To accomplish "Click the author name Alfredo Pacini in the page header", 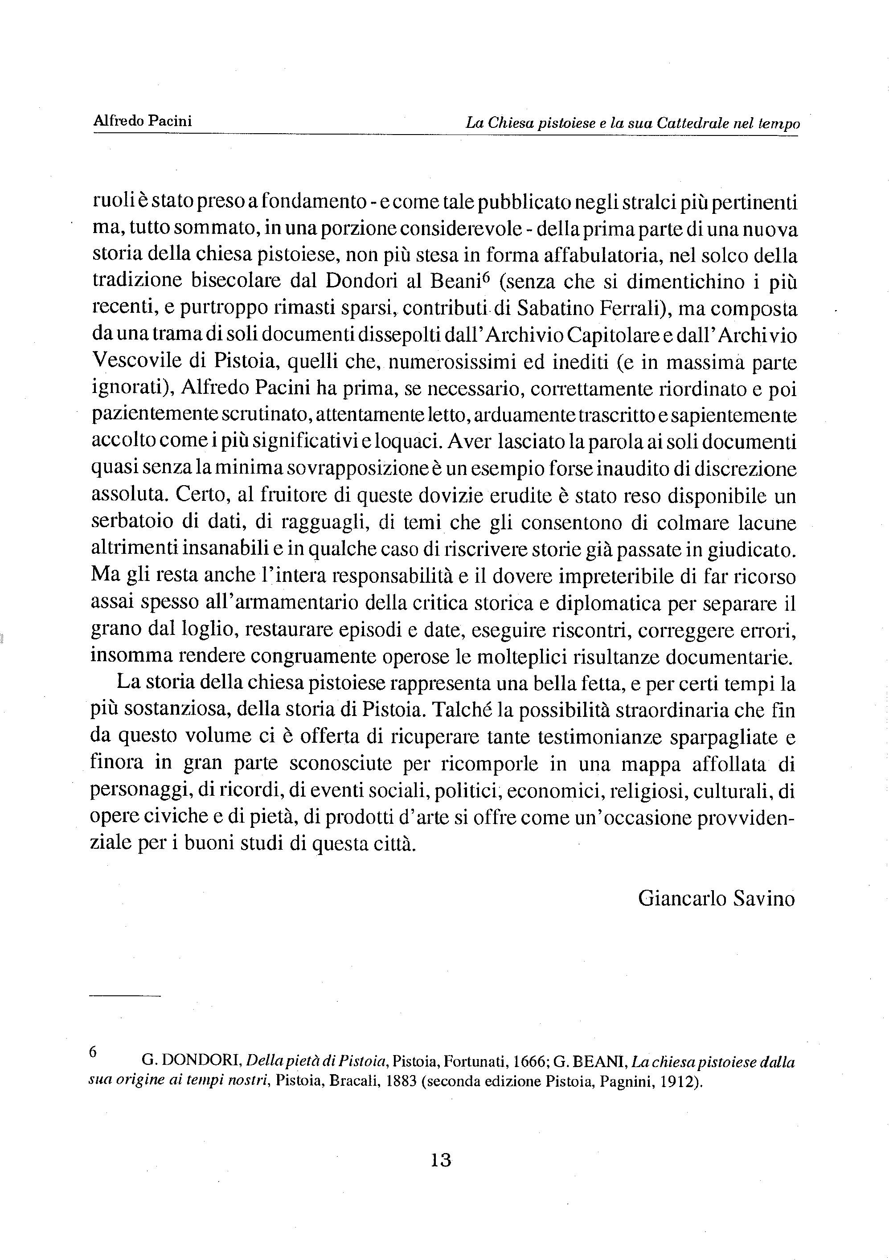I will pyautogui.click(x=143, y=121).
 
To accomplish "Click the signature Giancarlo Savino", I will pyautogui.click(x=717, y=898).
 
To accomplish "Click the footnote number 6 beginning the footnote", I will pyautogui.click(x=93, y=1051).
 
